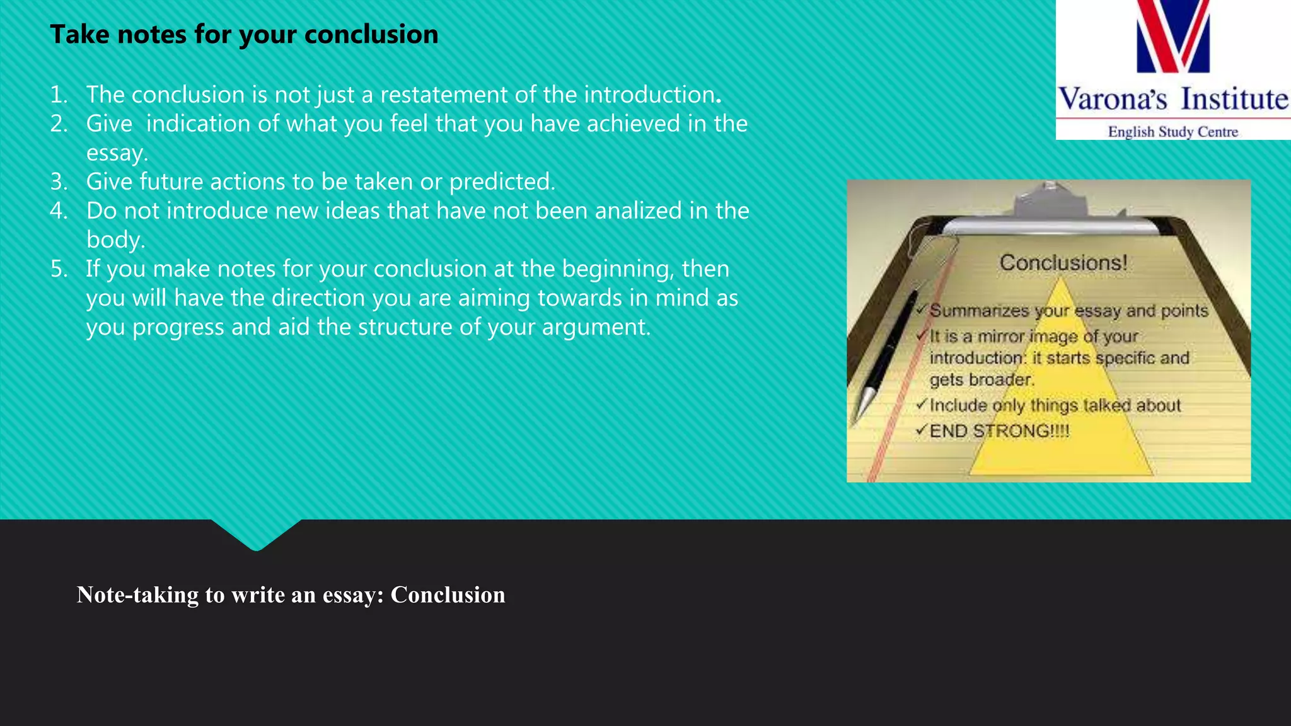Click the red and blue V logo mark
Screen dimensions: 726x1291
1173,37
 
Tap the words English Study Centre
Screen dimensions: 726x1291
1172,132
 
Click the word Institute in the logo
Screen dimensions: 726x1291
1234,100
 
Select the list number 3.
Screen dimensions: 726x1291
59,182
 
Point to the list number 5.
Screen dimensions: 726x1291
59,269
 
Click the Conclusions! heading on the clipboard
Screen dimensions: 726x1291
1063,263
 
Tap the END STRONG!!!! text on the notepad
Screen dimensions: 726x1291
999,431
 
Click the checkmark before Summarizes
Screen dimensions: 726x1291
921,310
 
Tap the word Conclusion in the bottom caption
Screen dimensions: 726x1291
448,595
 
